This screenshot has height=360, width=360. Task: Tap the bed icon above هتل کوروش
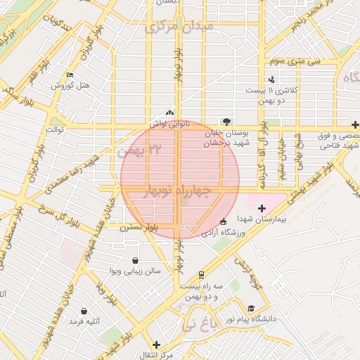click(69, 75)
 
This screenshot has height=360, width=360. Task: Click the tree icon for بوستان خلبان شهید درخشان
click(226, 121)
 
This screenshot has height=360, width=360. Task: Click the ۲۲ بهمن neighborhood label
click(136, 150)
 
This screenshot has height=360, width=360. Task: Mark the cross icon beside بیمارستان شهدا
click(262, 208)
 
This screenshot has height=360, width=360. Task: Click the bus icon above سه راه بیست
click(202, 274)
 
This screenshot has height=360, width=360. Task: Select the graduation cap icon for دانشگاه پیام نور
click(251, 308)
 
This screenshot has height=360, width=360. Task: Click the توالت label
click(55, 130)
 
